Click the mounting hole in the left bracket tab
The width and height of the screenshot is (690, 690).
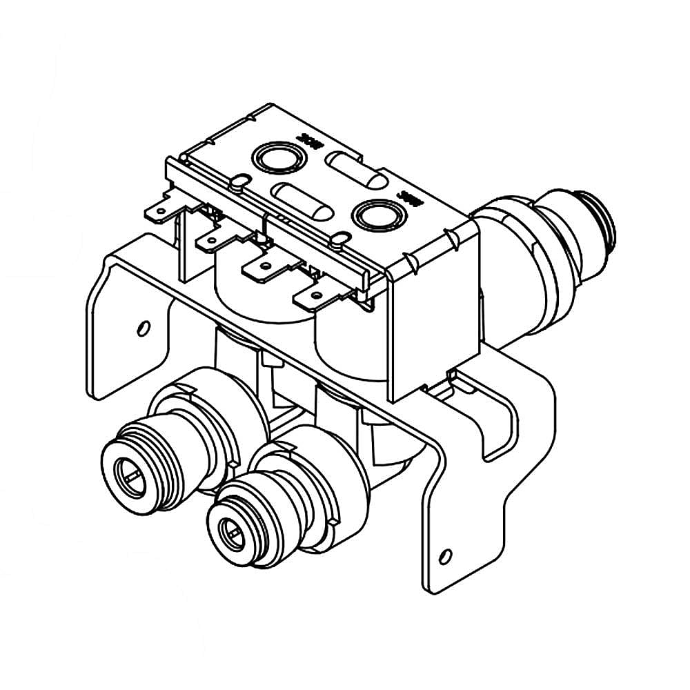(x=143, y=326)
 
